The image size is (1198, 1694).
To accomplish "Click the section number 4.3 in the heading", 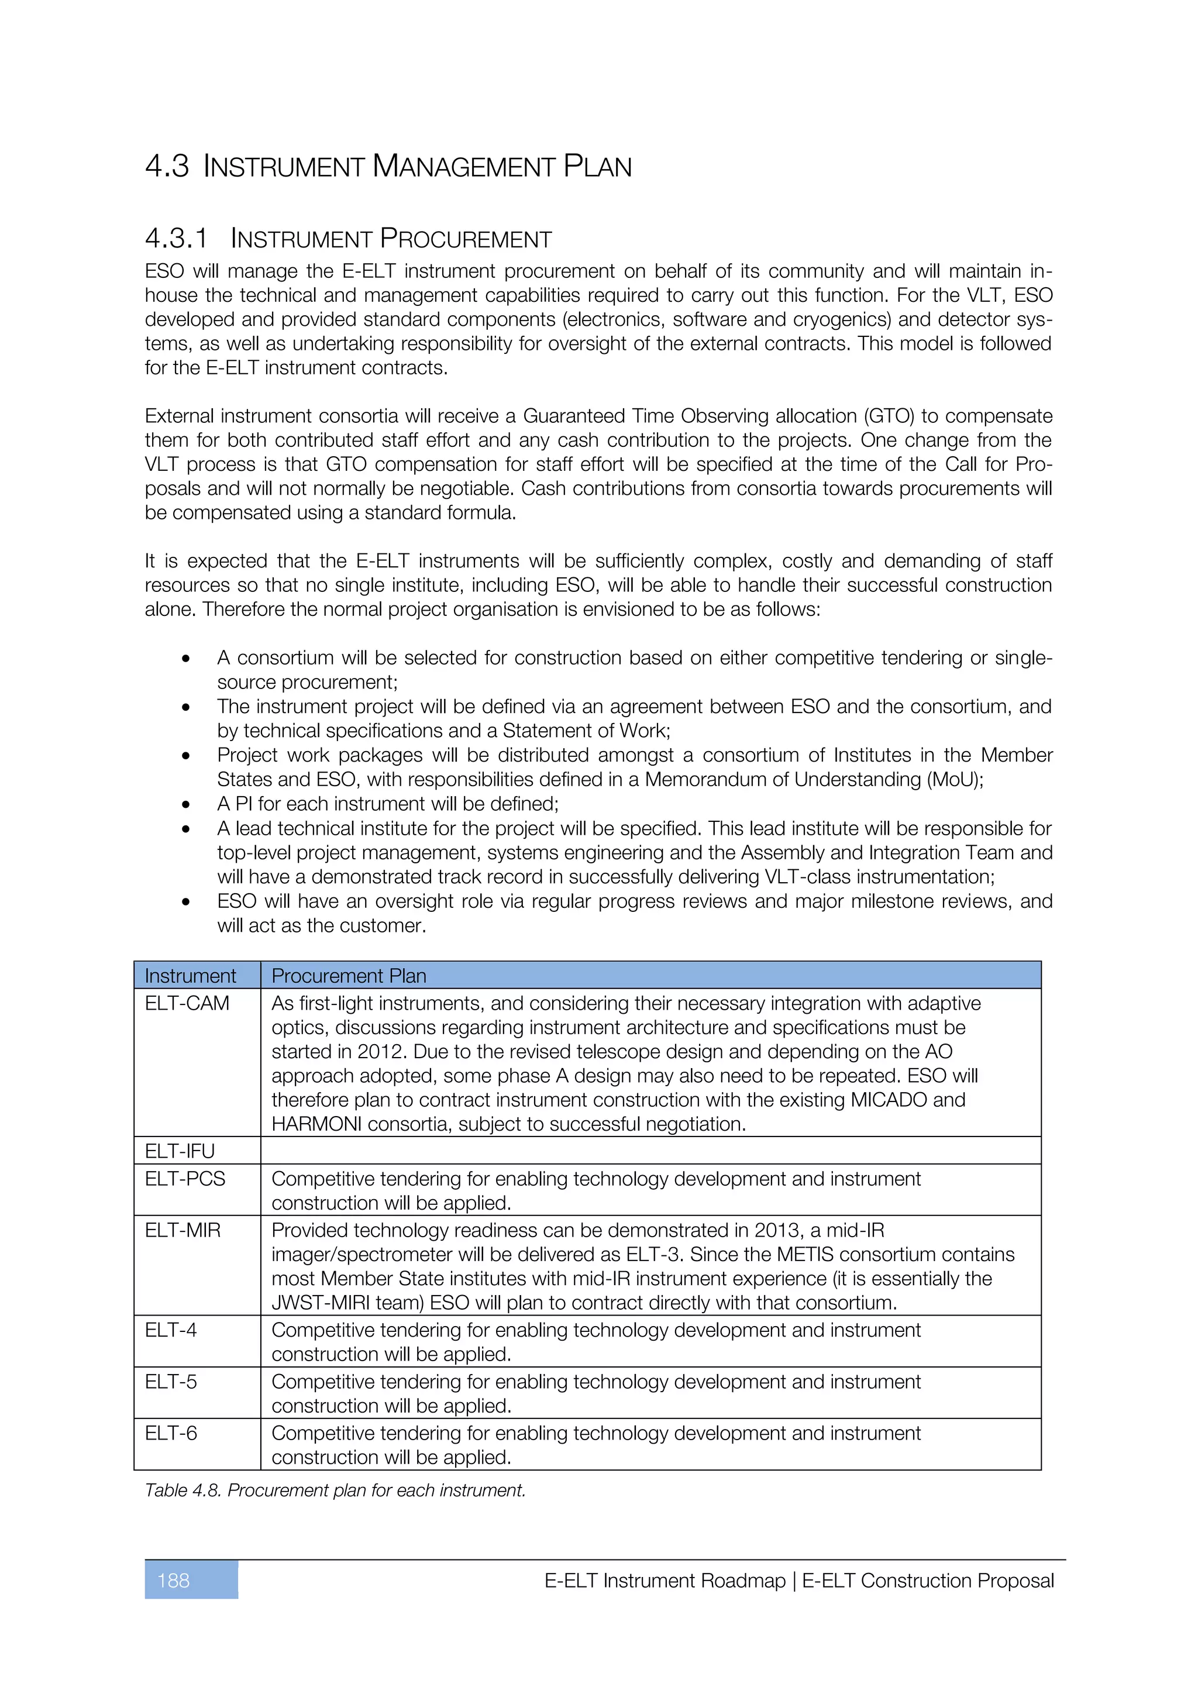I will point(167,166).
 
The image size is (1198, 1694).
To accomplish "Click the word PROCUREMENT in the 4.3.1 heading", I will point(466,239).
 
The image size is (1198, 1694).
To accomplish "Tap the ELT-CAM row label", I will point(187,1003).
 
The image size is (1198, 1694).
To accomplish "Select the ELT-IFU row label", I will point(179,1151).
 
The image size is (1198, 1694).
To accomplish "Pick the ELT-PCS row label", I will point(184,1178).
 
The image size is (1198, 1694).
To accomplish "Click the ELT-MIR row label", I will point(182,1230).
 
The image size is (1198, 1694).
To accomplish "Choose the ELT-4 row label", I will point(170,1330).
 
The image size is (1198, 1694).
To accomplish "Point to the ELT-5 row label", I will point(170,1381).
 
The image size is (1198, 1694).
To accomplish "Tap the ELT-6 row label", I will point(170,1433).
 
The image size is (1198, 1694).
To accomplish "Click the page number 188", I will point(173,1581).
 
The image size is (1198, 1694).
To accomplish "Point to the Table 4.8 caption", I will point(335,1490).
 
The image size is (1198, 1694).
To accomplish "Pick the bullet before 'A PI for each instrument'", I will point(186,805).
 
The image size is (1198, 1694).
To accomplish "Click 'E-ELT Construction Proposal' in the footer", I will point(927,1581).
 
